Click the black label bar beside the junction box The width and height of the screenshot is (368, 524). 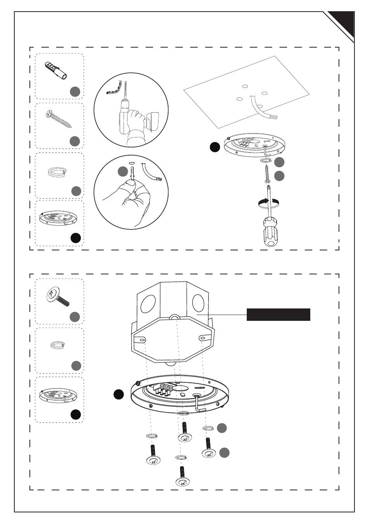point(279,315)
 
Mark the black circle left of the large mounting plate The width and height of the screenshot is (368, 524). point(119,394)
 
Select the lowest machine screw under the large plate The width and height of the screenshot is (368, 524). point(182,476)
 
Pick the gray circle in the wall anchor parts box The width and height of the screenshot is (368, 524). point(75,92)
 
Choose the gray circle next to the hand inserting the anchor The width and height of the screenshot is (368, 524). point(123,172)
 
